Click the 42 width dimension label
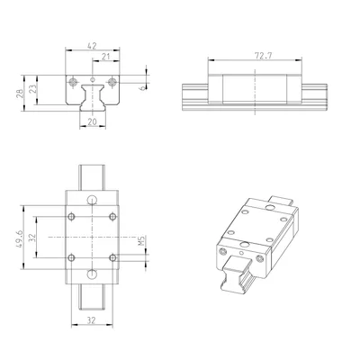(x=92, y=46)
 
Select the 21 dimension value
(x=106, y=57)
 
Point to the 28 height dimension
(x=19, y=93)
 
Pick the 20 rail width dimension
(x=92, y=121)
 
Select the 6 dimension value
(x=143, y=87)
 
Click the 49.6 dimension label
(x=19, y=238)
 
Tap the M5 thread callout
(x=141, y=240)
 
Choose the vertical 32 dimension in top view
(x=32, y=238)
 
